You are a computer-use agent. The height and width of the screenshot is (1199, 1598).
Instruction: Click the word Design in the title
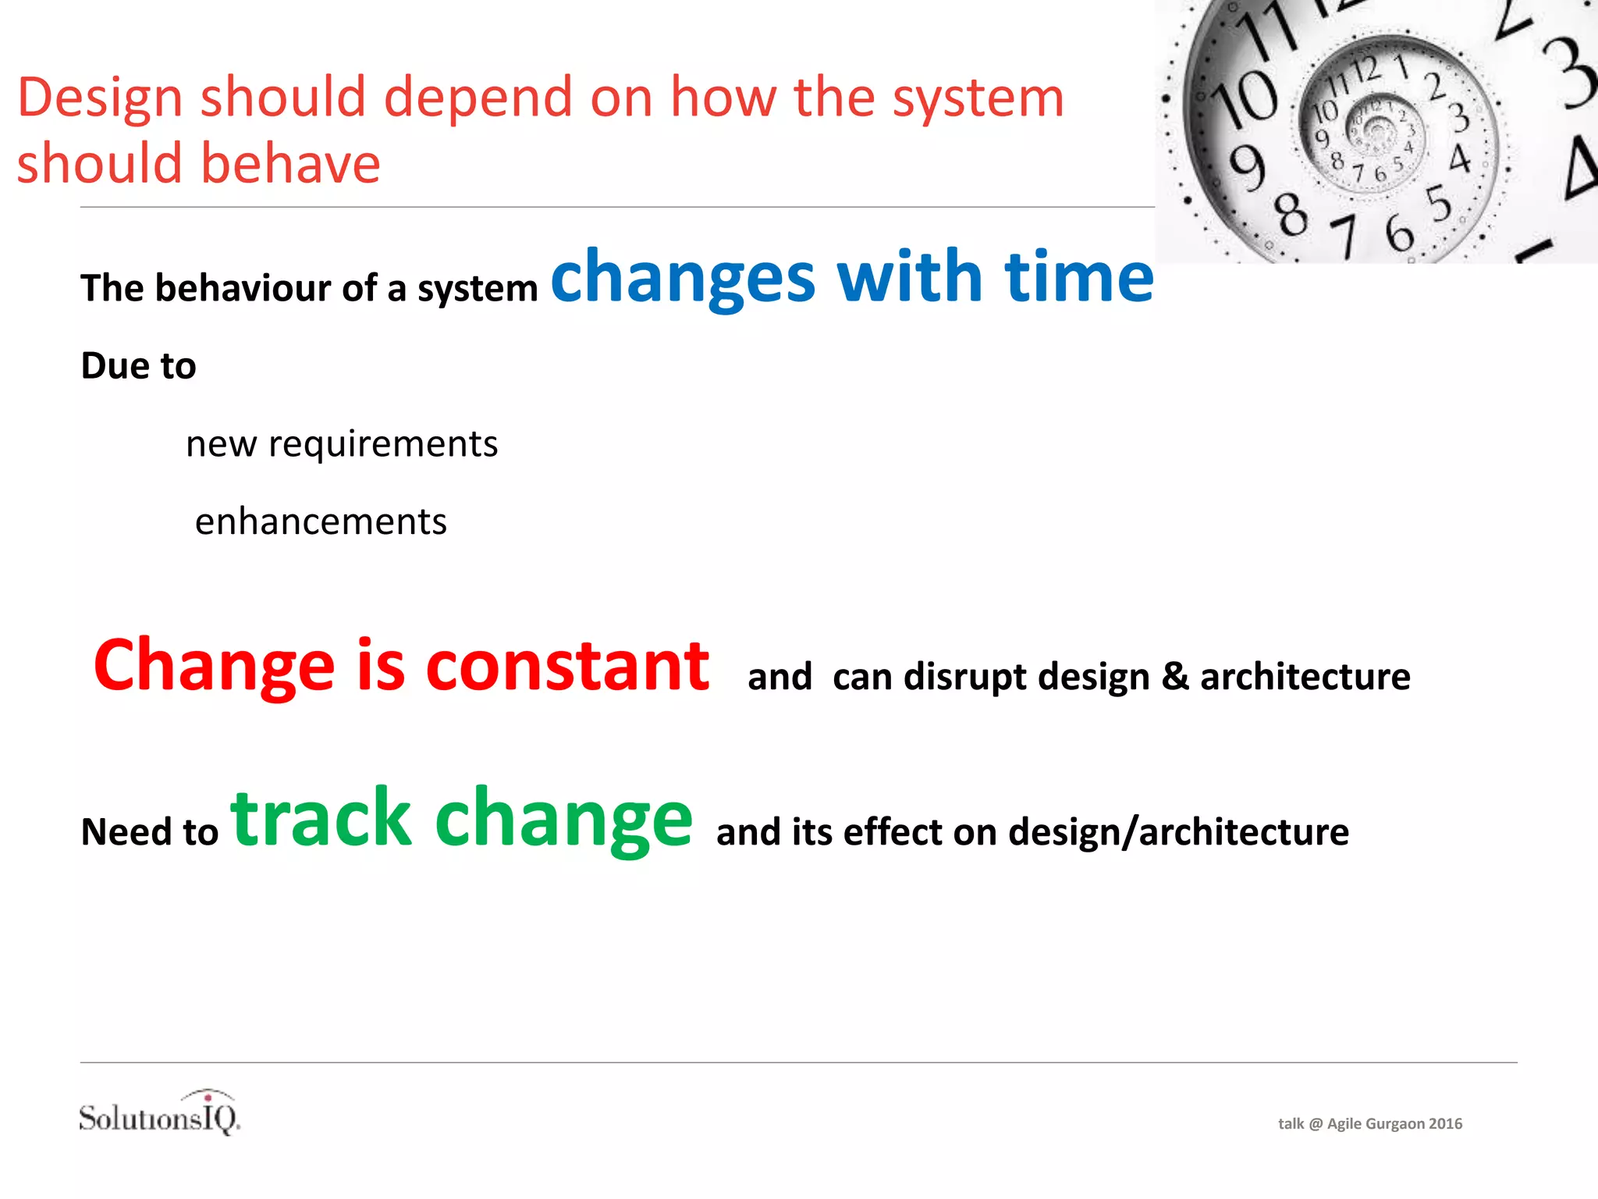tap(100, 99)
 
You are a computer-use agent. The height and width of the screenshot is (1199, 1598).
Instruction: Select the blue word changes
tap(683, 279)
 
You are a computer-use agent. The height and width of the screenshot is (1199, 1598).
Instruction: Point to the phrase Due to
tap(138, 366)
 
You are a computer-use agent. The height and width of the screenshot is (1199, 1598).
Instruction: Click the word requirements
tap(382, 445)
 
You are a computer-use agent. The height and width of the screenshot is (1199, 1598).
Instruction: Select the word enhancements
tap(321, 521)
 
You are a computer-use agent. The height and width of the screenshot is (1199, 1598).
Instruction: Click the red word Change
tap(214, 667)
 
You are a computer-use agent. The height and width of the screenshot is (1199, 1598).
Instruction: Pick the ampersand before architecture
tap(1175, 676)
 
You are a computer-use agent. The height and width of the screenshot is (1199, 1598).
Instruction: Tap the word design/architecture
tap(1178, 832)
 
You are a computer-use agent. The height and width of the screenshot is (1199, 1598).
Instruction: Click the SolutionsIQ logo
tap(160, 1113)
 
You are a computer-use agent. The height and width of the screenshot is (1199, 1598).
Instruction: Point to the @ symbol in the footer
tap(1315, 1124)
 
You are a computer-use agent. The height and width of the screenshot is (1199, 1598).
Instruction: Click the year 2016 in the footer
tap(1445, 1124)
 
